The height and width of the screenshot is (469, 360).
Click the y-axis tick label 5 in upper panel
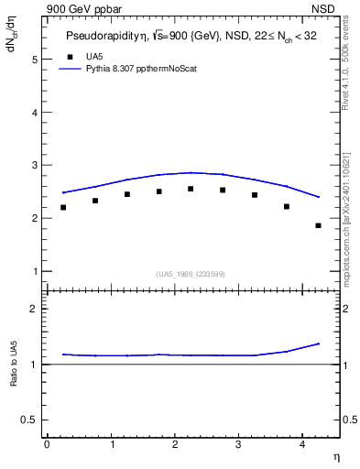click(x=36, y=60)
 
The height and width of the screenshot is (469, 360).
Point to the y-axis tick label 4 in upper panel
click(x=36, y=113)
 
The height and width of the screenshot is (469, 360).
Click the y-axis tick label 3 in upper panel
click(x=36, y=166)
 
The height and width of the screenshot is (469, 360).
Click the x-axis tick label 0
click(x=47, y=444)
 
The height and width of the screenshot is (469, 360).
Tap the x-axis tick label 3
click(x=238, y=444)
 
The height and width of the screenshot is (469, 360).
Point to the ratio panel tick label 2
click(x=36, y=309)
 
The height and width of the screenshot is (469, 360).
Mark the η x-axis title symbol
click(x=335, y=455)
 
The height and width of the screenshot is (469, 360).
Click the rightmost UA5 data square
click(x=318, y=225)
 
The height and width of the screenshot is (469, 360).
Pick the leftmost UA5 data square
click(x=63, y=207)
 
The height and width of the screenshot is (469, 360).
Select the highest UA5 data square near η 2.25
click(x=191, y=189)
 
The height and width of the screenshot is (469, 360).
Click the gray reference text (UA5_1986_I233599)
click(x=191, y=273)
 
